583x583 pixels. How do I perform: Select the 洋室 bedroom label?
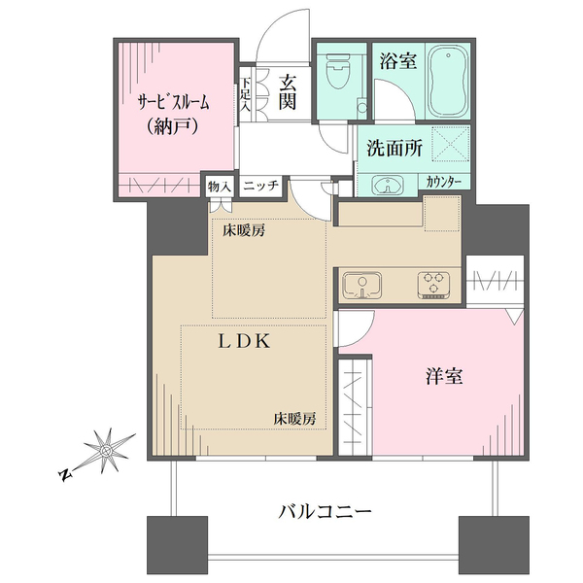pos(441,377)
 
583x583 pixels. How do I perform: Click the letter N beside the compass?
pos(66,474)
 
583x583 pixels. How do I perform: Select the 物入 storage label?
pos(219,186)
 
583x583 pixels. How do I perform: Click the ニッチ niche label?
pos(261,186)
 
